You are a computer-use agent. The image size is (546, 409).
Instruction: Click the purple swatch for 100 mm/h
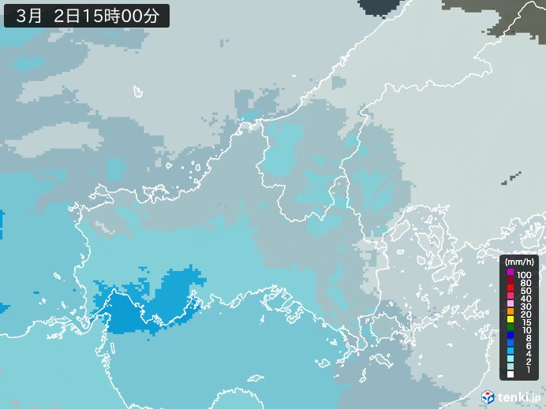[511, 272]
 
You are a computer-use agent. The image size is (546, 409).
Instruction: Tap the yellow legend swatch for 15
[511, 323]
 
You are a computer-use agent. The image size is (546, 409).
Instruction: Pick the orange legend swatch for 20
[511, 314]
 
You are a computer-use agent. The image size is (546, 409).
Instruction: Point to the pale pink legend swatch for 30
[511, 306]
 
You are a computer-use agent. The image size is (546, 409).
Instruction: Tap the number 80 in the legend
[525, 281]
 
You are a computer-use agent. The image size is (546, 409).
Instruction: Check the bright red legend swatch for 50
[511, 289]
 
